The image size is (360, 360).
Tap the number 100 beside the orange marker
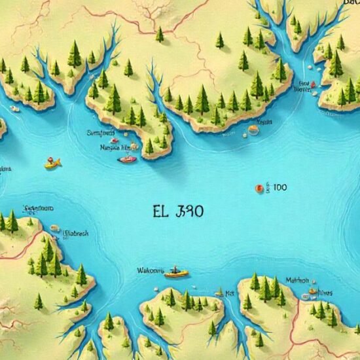(279, 188)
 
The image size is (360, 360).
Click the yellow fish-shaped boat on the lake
(52, 162)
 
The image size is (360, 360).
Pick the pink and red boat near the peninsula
(128, 158)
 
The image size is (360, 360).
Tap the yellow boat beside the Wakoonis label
(175, 272)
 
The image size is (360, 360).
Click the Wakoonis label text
(149, 270)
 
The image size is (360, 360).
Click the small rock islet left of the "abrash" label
(56, 228)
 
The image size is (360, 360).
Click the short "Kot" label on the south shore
(230, 294)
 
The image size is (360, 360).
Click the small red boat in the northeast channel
(313, 85)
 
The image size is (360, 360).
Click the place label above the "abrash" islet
(39, 209)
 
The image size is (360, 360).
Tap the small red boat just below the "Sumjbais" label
(115, 140)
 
